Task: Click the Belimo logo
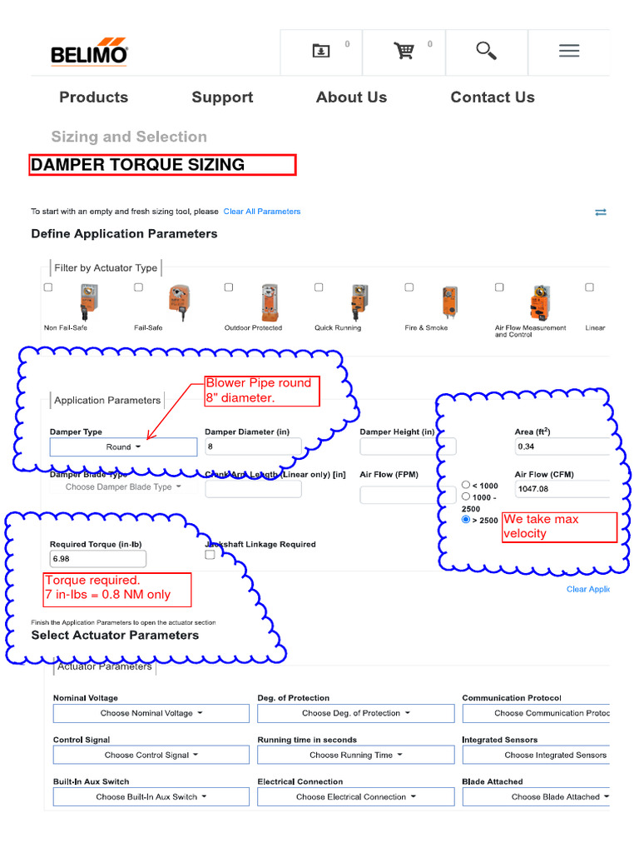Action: pos(89,52)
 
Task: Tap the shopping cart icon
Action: pos(404,51)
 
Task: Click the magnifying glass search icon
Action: pos(486,51)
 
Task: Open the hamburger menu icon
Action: pos(569,51)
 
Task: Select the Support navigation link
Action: pos(222,97)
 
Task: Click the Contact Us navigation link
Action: pos(492,97)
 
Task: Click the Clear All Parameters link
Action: pos(262,212)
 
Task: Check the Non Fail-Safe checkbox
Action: pos(48,287)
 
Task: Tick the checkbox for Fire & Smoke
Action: pos(409,287)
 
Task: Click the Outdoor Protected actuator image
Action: pos(269,302)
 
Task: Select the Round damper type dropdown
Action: pos(123,447)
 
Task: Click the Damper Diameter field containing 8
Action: pos(253,447)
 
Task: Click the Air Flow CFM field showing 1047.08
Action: pos(562,490)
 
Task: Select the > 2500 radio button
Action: pos(466,520)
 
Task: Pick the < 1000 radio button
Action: pos(466,485)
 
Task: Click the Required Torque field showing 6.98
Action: pos(98,559)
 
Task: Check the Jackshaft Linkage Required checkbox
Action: pos(210,555)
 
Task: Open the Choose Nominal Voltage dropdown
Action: pos(151,714)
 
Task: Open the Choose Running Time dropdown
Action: pos(355,756)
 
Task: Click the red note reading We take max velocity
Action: pos(559,526)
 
